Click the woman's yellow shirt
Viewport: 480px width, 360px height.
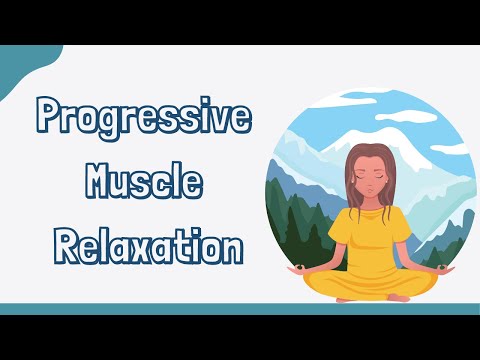click(360, 245)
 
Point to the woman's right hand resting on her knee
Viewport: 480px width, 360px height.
click(298, 268)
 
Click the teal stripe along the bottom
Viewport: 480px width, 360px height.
click(240, 308)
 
